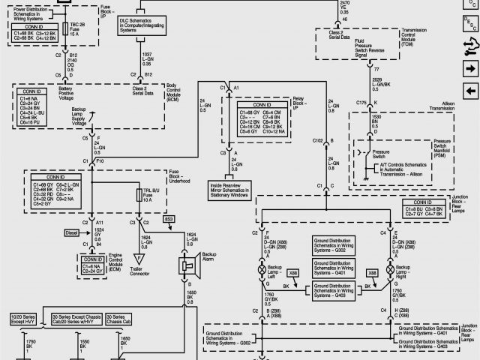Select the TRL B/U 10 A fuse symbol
click(x=137, y=196)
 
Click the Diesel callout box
click(x=72, y=233)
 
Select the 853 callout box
click(x=168, y=218)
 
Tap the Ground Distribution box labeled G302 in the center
click(x=322, y=247)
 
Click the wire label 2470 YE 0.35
click(x=345, y=7)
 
